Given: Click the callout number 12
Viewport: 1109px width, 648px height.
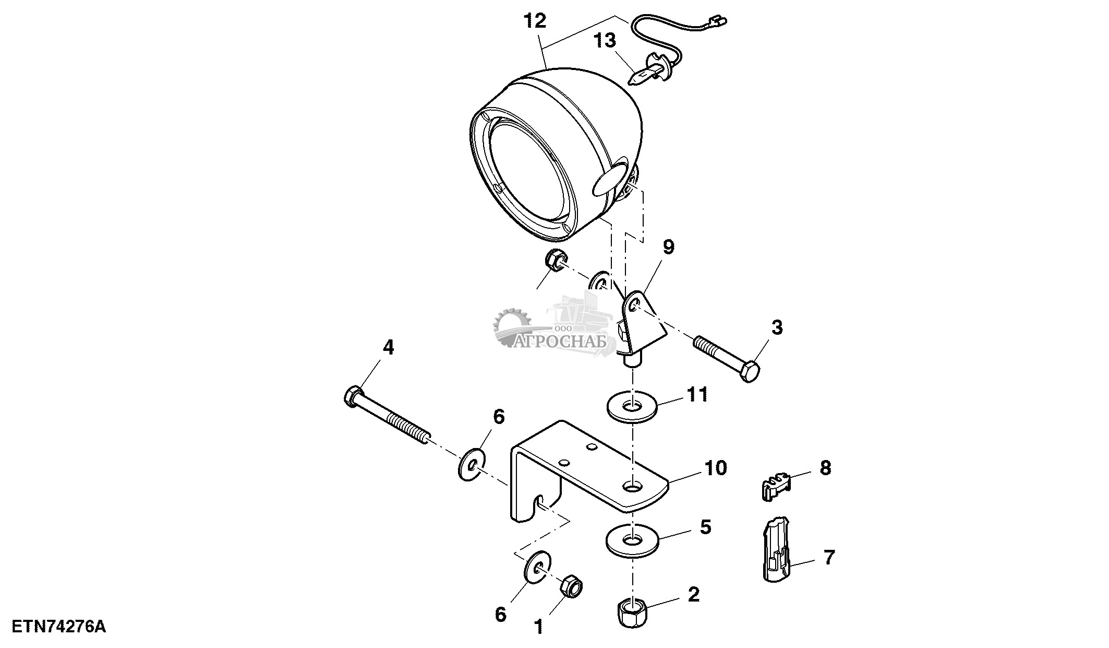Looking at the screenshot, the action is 535,21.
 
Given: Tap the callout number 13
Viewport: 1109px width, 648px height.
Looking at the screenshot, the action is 606,41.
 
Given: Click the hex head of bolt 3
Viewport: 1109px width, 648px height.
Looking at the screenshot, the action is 749,371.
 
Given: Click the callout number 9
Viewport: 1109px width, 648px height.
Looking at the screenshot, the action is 668,246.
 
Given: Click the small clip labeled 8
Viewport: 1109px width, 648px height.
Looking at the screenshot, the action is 774,486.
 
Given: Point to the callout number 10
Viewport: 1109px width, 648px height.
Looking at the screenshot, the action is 716,468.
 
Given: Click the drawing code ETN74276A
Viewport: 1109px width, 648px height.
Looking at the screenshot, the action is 58,627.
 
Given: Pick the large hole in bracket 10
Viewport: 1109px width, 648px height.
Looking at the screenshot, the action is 632,486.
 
